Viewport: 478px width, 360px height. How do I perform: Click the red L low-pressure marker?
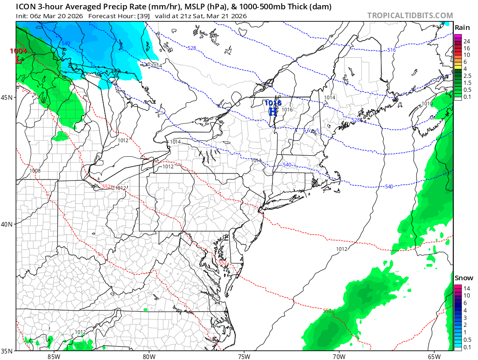[x=19, y=59]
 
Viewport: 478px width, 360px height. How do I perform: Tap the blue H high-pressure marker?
[x=273, y=111]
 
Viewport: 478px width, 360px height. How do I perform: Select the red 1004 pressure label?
[x=19, y=51]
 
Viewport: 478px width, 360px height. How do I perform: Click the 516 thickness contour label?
[x=391, y=50]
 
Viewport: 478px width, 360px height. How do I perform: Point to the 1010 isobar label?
[x=427, y=104]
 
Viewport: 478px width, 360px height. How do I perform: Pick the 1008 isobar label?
[x=35, y=171]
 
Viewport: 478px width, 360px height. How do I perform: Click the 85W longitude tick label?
[x=54, y=357]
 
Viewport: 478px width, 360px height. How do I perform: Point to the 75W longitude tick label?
[x=244, y=357]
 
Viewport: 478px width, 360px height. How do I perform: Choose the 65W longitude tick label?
[x=434, y=357]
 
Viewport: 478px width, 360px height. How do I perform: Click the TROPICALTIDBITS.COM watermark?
[x=410, y=15]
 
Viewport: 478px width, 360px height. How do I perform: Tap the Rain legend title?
[x=462, y=28]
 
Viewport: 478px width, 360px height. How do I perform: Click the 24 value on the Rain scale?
[x=466, y=41]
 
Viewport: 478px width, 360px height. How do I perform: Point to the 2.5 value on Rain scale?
[x=467, y=76]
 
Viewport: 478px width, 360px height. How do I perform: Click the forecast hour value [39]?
[x=143, y=16]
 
